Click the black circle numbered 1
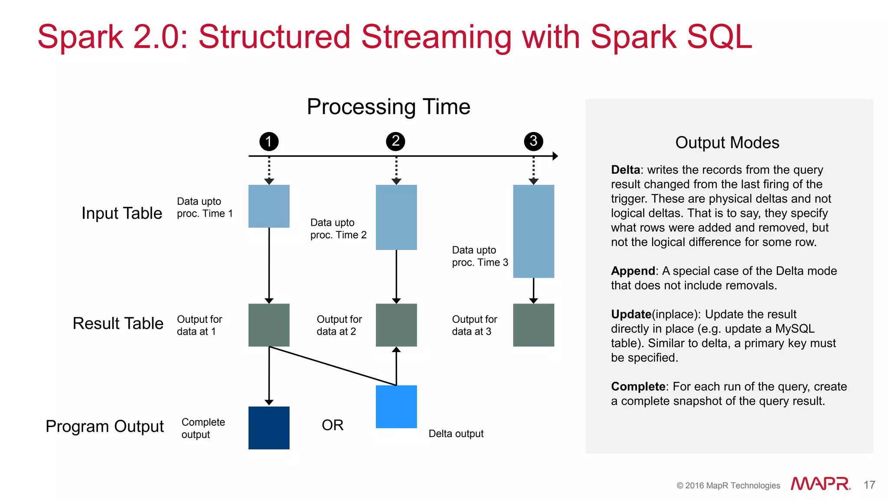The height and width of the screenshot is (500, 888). tap(269, 141)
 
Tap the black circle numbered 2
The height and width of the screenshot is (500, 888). tap(395, 141)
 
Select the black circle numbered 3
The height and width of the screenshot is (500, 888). tap(533, 141)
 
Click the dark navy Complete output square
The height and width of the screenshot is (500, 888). tap(269, 428)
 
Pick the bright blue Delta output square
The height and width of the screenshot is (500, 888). tap(396, 407)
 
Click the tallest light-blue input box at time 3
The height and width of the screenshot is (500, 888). tap(533, 231)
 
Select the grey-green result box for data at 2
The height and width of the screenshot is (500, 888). tap(396, 325)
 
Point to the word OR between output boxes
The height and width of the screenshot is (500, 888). tap(333, 425)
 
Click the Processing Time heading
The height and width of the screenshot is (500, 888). tap(388, 107)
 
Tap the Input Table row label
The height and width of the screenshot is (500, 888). tap(122, 213)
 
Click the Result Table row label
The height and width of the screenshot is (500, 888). tap(118, 323)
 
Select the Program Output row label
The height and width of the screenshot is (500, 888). tap(104, 426)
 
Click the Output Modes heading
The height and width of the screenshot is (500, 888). tap(727, 142)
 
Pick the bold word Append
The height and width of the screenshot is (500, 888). tap(633, 271)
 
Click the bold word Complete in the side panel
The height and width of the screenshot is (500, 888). tap(638, 386)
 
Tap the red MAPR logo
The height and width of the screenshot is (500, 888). tap(820, 484)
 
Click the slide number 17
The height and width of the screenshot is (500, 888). tap(869, 485)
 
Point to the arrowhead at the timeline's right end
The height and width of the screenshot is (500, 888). tap(555, 156)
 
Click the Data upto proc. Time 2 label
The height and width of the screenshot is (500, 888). tap(338, 229)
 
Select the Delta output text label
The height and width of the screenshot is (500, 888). tap(456, 434)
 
